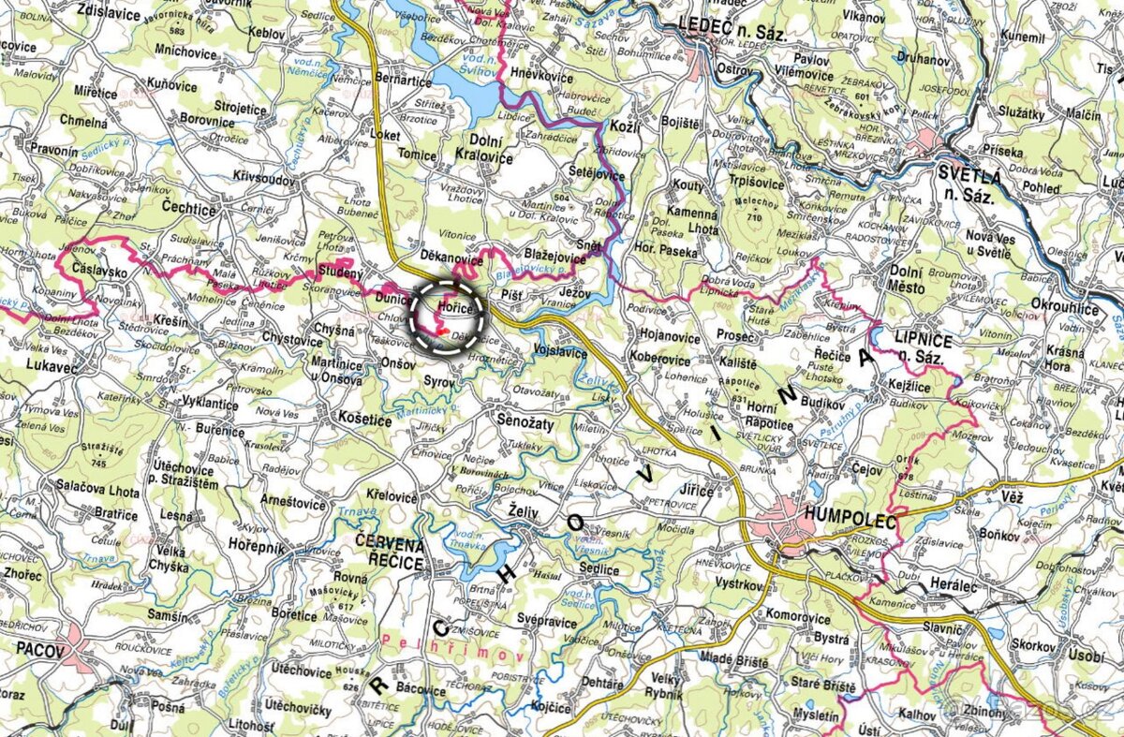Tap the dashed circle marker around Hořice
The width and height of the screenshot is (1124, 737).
pyautogui.click(x=448, y=316)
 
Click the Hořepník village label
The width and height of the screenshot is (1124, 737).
pyautogui.click(x=252, y=548)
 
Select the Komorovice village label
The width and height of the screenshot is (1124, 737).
pyautogui.click(x=798, y=618)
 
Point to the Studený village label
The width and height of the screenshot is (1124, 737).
pyautogui.click(x=339, y=273)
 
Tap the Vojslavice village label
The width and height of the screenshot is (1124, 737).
pyautogui.click(x=560, y=352)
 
